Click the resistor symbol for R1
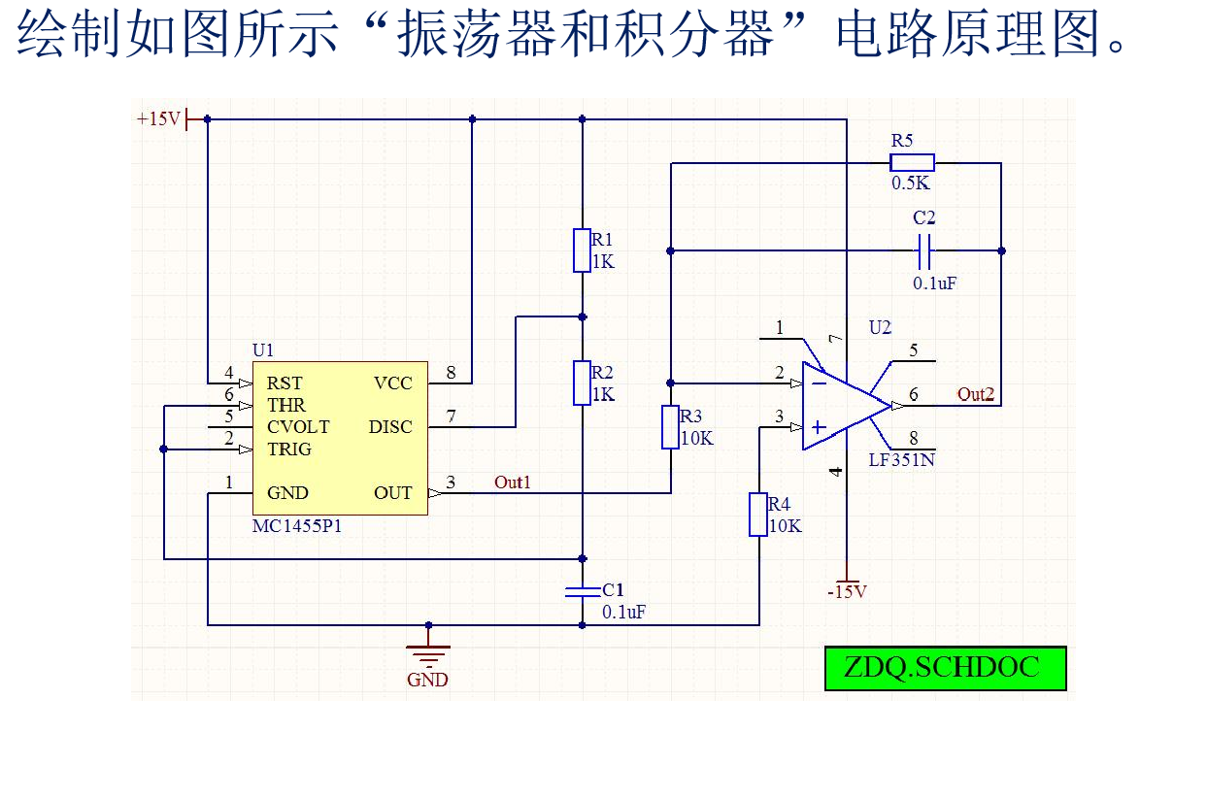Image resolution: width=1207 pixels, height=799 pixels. [x=582, y=250]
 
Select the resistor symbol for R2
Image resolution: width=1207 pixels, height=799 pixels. [x=582, y=383]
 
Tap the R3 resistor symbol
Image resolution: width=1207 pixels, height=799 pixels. [x=670, y=427]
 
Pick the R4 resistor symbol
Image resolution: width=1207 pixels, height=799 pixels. [x=758, y=515]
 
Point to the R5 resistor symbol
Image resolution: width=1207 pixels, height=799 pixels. [x=913, y=163]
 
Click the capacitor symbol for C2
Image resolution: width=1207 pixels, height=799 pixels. [x=924, y=250]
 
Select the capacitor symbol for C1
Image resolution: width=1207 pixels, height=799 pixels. [x=582, y=591]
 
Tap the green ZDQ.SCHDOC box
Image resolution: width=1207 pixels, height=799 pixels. [x=945, y=668]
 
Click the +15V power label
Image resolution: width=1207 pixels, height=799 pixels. [x=158, y=119]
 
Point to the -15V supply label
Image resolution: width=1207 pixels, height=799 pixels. [x=847, y=591]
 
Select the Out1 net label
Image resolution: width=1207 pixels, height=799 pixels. [x=513, y=483]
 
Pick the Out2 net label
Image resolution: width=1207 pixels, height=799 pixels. [x=976, y=394]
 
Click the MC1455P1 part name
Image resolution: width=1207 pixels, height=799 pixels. [x=297, y=527]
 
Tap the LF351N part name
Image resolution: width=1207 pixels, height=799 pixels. [x=901, y=460]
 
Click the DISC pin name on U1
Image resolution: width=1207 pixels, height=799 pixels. [x=390, y=427]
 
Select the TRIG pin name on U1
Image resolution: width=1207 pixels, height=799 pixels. [x=289, y=449]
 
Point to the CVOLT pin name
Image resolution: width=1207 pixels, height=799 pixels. [x=298, y=427]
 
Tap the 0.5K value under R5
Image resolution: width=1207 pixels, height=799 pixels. [x=911, y=183]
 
